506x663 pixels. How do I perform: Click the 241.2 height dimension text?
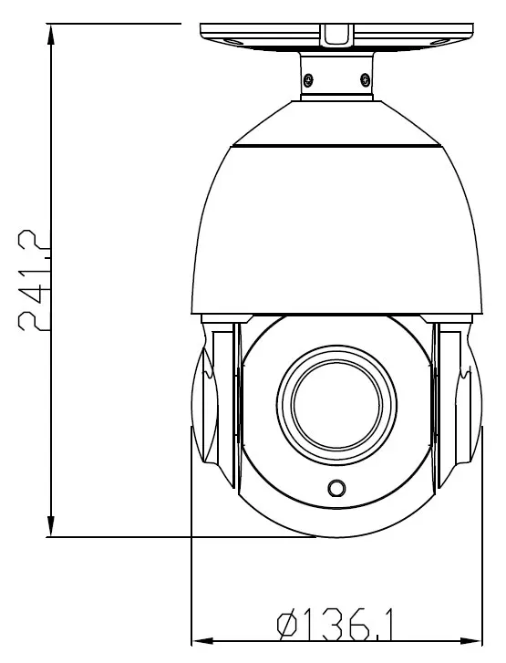[33, 280]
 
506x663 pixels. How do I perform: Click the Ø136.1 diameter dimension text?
[335, 624]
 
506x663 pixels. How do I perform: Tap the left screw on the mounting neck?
[309, 79]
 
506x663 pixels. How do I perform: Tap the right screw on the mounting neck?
[365, 78]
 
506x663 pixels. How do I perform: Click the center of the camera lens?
[336, 403]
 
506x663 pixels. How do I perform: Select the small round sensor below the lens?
[336, 488]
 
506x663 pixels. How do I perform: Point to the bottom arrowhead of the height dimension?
[51, 526]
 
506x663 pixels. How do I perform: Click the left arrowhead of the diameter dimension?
[202, 641]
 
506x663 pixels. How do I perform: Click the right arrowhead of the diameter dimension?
[471, 641]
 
